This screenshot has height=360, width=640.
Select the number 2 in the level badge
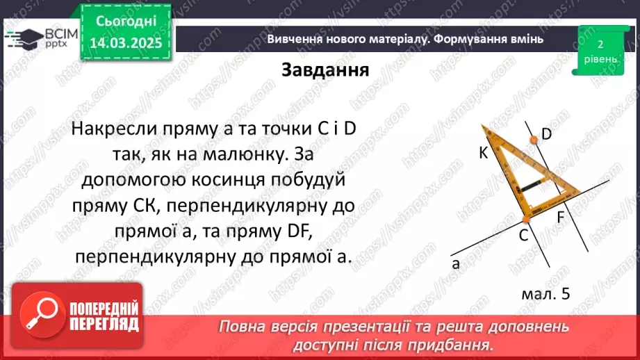(x=599, y=44)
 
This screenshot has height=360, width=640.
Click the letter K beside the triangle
(x=483, y=154)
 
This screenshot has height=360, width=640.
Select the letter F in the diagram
(x=561, y=216)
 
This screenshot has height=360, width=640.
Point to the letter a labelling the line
(x=456, y=263)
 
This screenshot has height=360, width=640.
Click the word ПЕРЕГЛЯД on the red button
(x=105, y=325)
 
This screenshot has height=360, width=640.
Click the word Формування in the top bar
(x=470, y=40)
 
